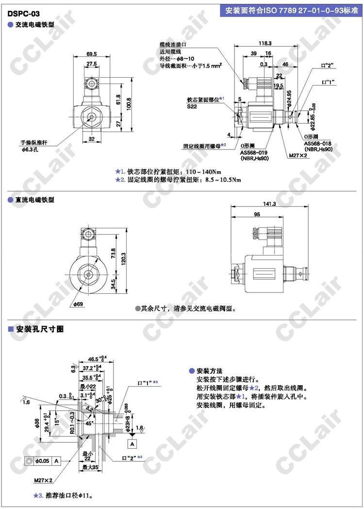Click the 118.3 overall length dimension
[265, 43]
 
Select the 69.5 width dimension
[92, 54]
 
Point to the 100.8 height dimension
[129, 103]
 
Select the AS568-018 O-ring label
[318, 143]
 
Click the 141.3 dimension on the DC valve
[268, 204]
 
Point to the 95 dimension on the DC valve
[256, 214]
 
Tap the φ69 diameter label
[79, 304]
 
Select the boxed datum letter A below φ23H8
[132, 442]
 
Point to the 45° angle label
[90, 423]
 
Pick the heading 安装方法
[210, 371]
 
